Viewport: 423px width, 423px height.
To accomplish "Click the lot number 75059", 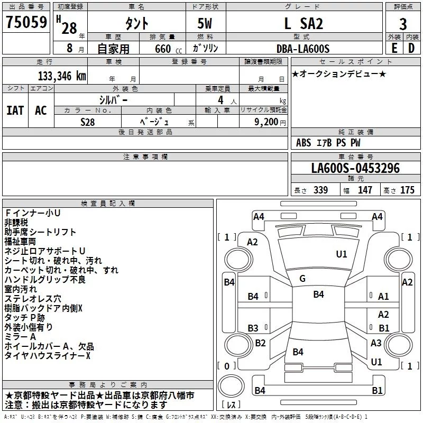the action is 26,22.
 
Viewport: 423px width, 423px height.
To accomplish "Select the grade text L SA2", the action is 304,23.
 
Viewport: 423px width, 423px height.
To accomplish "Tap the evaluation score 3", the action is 403,24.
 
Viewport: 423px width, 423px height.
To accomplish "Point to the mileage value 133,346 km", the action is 62,76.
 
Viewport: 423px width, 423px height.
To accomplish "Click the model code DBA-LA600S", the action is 303,49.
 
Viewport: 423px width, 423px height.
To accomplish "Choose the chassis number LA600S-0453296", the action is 355,168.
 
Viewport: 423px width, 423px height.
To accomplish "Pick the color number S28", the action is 88,122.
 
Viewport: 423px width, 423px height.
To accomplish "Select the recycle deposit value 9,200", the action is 266,122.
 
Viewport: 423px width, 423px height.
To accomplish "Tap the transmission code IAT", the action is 15,111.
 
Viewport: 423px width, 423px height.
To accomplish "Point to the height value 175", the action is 407,190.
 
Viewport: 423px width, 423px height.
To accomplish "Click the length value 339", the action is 320,190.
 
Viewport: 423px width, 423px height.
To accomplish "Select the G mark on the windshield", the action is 302,279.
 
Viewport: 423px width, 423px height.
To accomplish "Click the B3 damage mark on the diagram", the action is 253,328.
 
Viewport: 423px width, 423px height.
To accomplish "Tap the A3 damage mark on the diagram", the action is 376,343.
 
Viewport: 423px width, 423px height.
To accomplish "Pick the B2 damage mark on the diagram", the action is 260,343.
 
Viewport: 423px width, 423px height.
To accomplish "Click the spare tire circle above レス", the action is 231,386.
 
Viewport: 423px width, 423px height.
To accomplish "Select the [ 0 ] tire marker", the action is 227,366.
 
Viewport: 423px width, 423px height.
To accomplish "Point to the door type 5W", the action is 205,23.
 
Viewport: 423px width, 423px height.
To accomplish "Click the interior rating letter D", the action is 411,48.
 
